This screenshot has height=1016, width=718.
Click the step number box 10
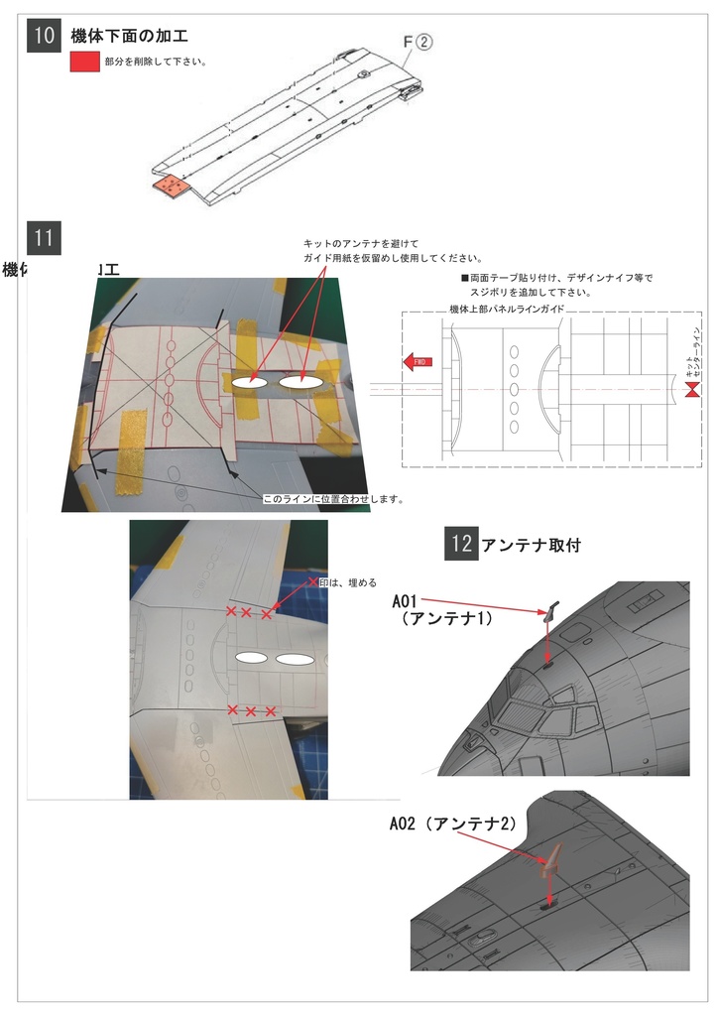pyautogui.click(x=44, y=37)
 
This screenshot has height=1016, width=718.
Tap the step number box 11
pyautogui.click(x=44, y=238)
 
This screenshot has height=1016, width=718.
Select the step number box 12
pyautogui.click(x=460, y=544)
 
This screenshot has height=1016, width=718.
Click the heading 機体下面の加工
pyautogui.click(x=129, y=37)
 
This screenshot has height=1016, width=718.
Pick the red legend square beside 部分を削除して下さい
pyautogui.click(x=84, y=62)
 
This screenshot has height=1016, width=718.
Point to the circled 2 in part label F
pyautogui.click(x=422, y=43)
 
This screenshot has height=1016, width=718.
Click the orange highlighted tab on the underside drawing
pyautogui.click(x=173, y=187)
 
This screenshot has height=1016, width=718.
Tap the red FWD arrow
pyautogui.click(x=416, y=362)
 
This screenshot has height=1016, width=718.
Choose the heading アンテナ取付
pyautogui.click(x=530, y=545)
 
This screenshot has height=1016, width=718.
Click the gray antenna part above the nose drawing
pyautogui.click(x=550, y=610)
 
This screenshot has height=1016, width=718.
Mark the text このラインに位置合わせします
pyautogui.click(x=331, y=499)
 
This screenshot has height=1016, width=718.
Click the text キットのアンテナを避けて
pyautogui.click(x=361, y=243)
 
